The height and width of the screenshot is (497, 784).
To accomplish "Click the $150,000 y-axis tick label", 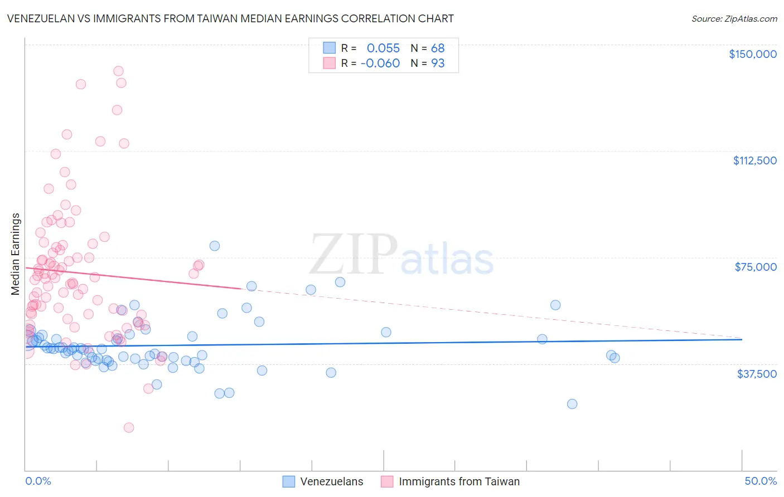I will (752, 54).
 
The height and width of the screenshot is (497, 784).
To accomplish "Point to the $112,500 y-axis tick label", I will (754, 160).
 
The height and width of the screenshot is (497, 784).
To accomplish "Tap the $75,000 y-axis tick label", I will (756, 267).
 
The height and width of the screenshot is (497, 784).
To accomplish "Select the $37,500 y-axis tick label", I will (757, 374).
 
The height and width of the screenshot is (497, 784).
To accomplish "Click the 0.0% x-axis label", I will (38, 481).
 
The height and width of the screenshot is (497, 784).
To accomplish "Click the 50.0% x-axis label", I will (761, 481).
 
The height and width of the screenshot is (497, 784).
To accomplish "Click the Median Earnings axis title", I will (15, 254).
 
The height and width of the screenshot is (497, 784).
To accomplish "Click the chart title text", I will (230, 18).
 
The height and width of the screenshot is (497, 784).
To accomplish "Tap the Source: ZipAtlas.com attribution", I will (734, 18).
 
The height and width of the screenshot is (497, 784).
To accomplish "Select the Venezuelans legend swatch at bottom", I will (288, 481).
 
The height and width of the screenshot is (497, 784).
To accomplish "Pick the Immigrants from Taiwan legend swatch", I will (387, 481).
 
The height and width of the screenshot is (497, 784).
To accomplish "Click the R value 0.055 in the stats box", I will (383, 48).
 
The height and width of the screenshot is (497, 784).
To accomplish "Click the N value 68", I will (438, 48).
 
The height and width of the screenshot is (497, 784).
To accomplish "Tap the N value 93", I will (438, 64).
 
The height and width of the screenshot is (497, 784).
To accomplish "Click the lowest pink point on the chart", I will (129, 427).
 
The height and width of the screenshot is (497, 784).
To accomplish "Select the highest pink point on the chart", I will (118, 71).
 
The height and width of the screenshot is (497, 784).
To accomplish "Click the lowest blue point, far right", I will (572, 404).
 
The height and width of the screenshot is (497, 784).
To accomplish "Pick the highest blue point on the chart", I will (214, 246).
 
